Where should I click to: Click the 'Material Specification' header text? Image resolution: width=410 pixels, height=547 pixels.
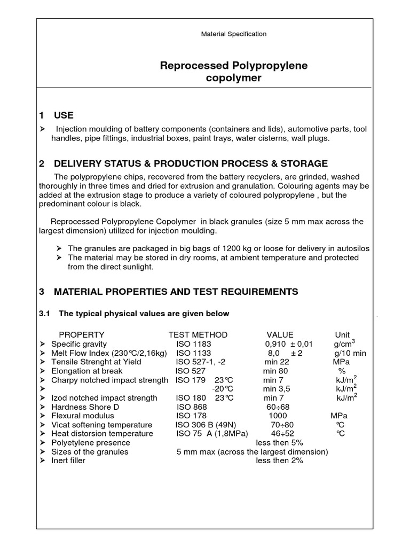coord(233,34)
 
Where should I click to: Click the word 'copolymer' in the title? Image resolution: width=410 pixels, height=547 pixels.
coord(234,79)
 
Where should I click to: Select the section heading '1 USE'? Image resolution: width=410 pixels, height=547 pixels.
coord(56,115)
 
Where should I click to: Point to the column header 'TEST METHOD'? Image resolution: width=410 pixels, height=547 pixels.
coord(198,334)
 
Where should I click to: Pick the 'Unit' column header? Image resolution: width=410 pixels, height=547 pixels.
coord(342,334)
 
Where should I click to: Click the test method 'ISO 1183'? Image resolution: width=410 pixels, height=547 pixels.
coord(194,344)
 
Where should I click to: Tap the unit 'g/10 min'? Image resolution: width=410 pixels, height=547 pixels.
coord(350,353)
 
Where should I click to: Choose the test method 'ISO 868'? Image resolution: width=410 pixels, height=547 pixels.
coord(191,407)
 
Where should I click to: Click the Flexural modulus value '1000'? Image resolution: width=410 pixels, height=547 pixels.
coord(278,416)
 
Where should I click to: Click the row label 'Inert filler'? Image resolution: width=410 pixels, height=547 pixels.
coord(68,460)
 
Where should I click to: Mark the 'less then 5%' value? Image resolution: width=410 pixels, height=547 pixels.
coord(279,442)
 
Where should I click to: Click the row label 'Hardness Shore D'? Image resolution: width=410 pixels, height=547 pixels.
coord(85,407)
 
